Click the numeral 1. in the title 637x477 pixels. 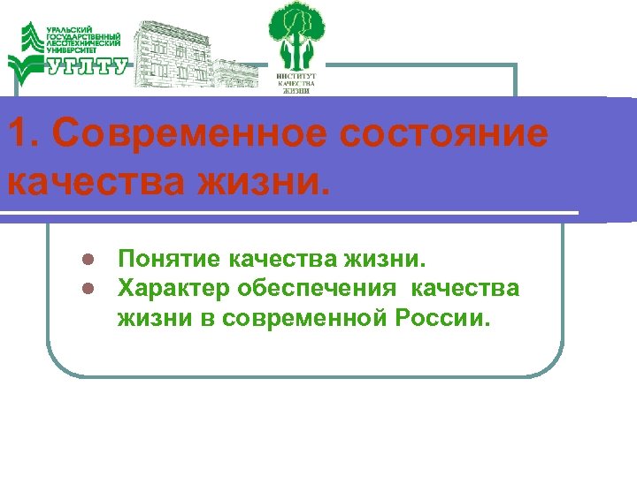pyautogui.click(x=20, y=134)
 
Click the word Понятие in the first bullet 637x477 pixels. pyautogui.click(x=169, y=261)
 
